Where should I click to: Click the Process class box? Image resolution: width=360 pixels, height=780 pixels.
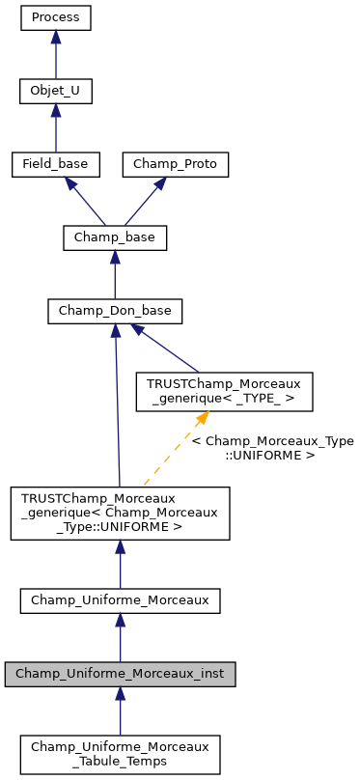click(56, 18)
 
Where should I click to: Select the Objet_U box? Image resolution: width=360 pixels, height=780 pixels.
click(56, 92)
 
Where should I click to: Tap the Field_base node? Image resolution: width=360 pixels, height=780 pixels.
click(56, 164)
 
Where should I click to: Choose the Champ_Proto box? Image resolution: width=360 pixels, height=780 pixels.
click(176, 164)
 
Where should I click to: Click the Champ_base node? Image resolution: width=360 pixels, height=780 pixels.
click(115, 237)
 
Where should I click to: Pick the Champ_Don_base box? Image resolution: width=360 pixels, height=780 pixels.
click(115, 311)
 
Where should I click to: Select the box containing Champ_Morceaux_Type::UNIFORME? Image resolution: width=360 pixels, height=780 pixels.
click(120, 513)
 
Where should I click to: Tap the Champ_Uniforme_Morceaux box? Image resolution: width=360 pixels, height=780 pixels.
click(120, 599)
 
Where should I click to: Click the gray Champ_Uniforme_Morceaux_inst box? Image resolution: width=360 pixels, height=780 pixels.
click(120, 673)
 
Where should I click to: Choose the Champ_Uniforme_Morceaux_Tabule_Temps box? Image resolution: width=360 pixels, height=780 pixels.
click(120, 753)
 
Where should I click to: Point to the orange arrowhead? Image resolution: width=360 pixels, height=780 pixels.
click(203, 418)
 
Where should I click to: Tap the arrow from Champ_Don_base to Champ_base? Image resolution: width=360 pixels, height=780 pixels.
click(115, 277)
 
